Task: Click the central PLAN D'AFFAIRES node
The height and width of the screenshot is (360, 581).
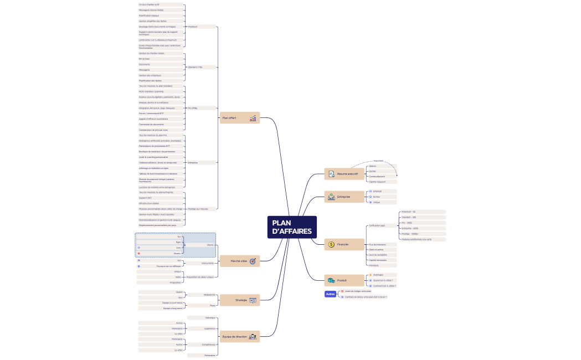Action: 292,227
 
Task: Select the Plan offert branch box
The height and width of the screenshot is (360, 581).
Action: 239,118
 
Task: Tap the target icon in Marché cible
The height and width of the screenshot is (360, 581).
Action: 253,261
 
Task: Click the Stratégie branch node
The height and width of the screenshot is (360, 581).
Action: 239,300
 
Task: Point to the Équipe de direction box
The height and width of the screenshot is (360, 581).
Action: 239,336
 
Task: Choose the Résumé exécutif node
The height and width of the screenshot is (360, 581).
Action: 343,174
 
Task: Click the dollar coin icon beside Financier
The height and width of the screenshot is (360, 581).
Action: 331,244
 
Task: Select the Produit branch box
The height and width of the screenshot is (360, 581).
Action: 343,280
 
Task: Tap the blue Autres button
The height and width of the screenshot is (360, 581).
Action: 330,294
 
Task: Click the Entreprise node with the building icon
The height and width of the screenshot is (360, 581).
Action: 343,197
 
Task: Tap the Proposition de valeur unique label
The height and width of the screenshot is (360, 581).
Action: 200,277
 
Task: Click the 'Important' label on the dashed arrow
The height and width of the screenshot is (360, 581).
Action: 378,161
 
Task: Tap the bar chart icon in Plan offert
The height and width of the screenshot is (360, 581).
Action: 253,118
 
